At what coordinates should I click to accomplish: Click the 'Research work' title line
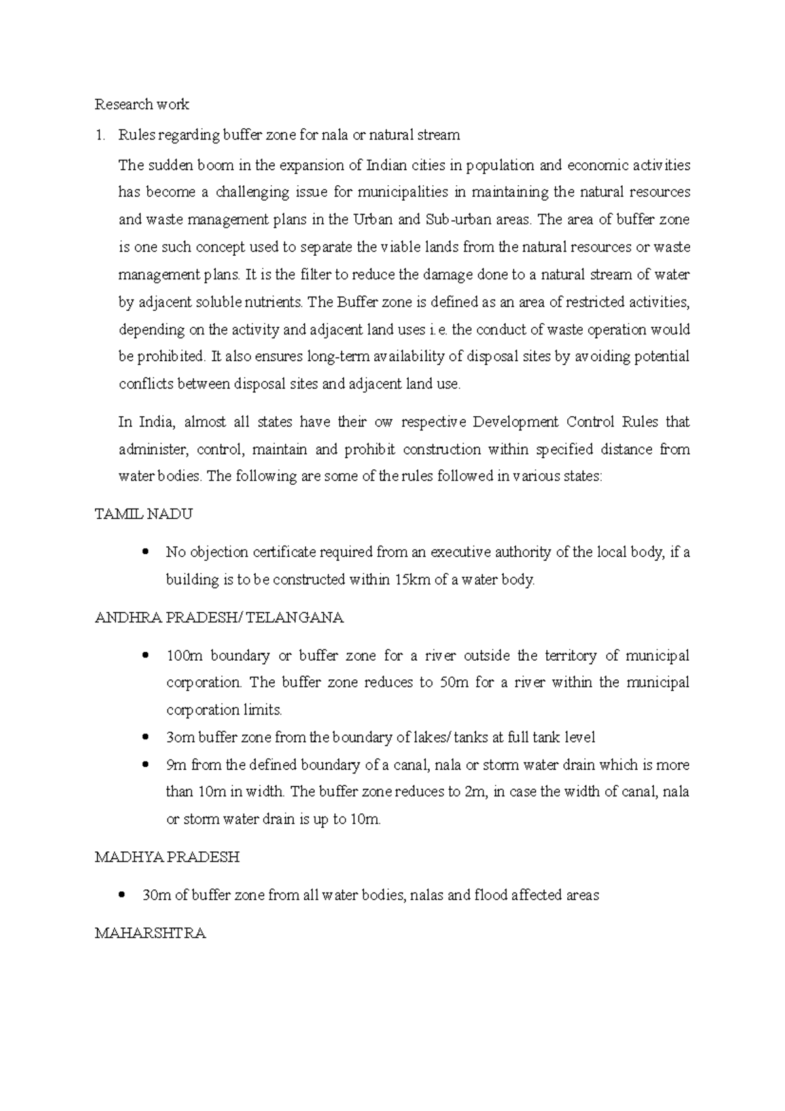click(142, 104)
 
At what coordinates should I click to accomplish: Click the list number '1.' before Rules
click(99, 135)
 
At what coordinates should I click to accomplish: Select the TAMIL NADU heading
click(144, 514)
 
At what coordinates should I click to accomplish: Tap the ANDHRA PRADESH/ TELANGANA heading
click(219, 617)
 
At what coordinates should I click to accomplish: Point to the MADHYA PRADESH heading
click(167, 856)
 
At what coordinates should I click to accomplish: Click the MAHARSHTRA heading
click(150, 933)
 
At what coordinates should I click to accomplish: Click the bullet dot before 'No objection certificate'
click(145, 552)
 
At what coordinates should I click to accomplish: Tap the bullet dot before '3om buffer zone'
click(145, 737)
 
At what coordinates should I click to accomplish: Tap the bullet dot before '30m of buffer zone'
click(121, 895)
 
